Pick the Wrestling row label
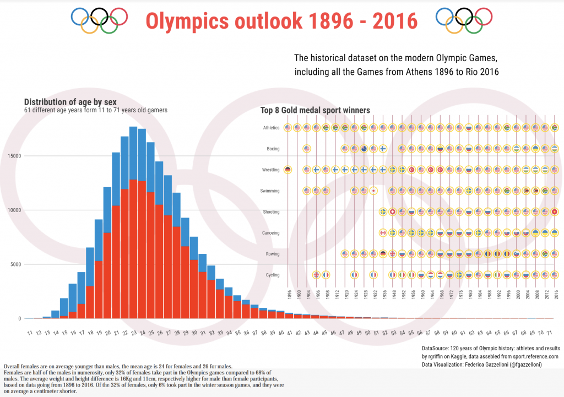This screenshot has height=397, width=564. tap(271, 170)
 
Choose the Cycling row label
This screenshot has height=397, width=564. tap(273, 275)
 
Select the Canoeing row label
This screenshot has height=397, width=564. tap(271, 233)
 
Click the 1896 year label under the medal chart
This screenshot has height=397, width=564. tap(288, 295)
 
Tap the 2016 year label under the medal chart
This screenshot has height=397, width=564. tap(555, 295)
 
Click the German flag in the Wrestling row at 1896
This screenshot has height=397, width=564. tap(288, 170)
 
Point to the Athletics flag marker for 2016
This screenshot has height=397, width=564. tap(555, 128)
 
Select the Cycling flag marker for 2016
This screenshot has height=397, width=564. tap(555, 275)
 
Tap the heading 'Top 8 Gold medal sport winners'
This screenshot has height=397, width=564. tap(315, 111)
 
